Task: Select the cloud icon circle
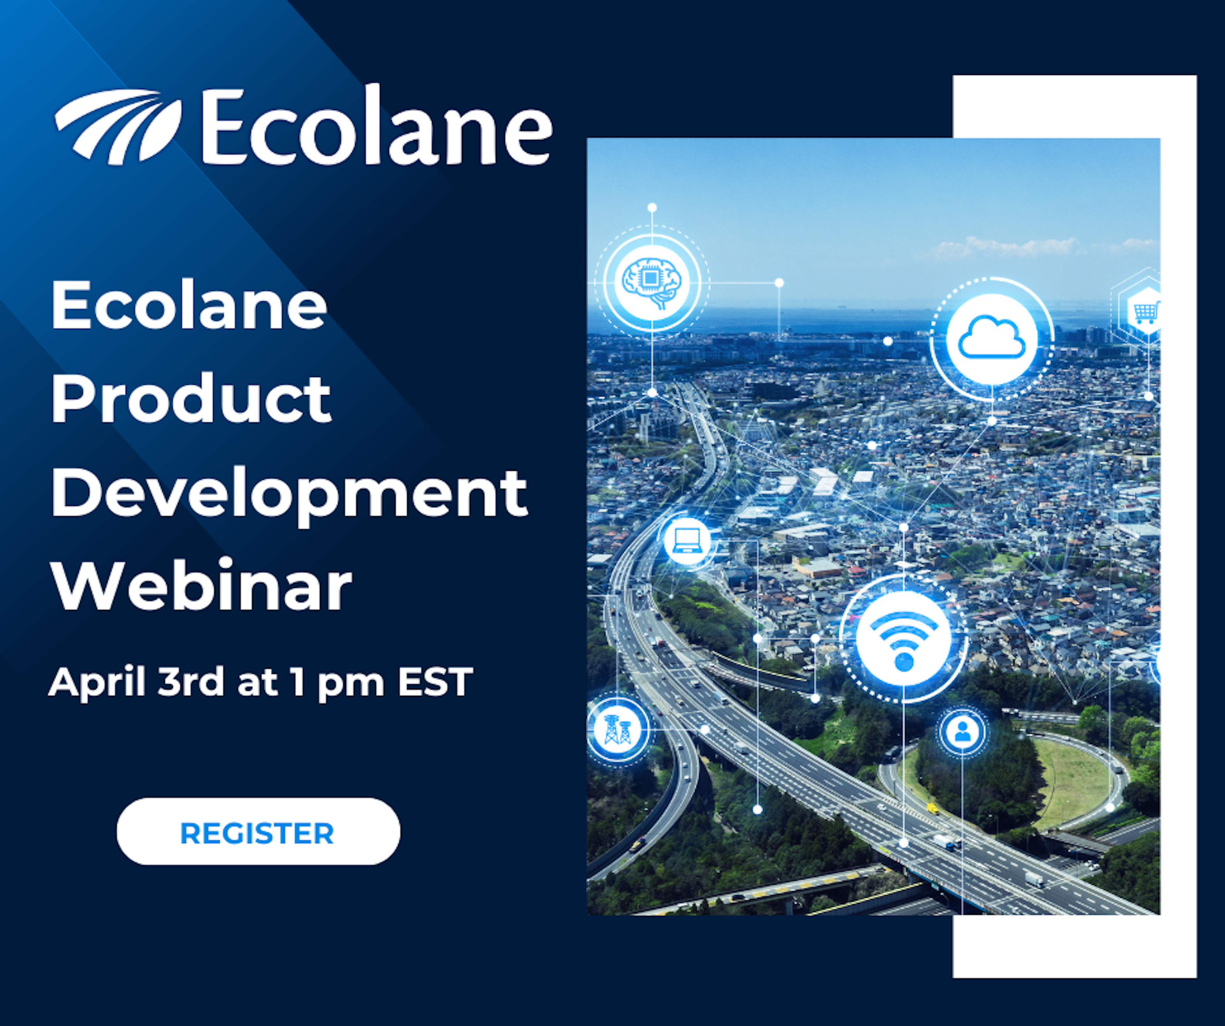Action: (992, 339)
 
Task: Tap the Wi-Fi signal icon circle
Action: (903, 638)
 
